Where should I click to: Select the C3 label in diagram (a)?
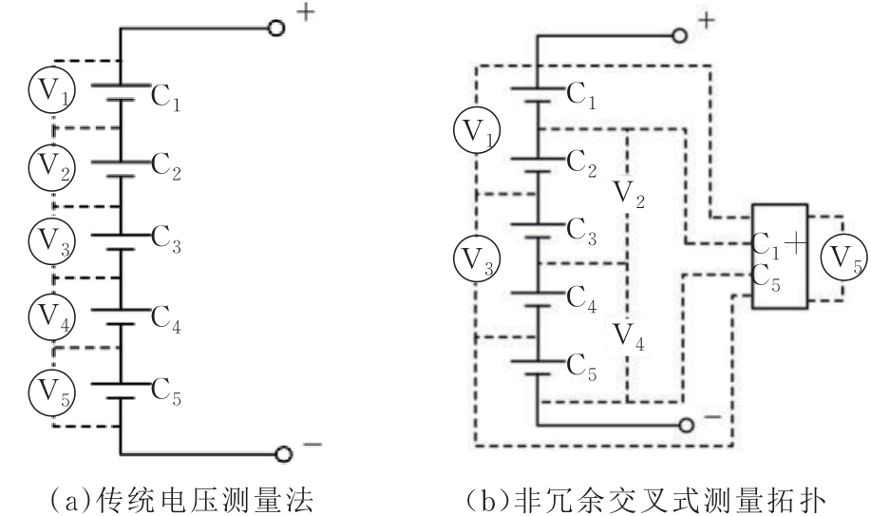(167, 246)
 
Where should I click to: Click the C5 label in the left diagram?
(167, 392)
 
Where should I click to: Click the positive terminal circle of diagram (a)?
(276, 29)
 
